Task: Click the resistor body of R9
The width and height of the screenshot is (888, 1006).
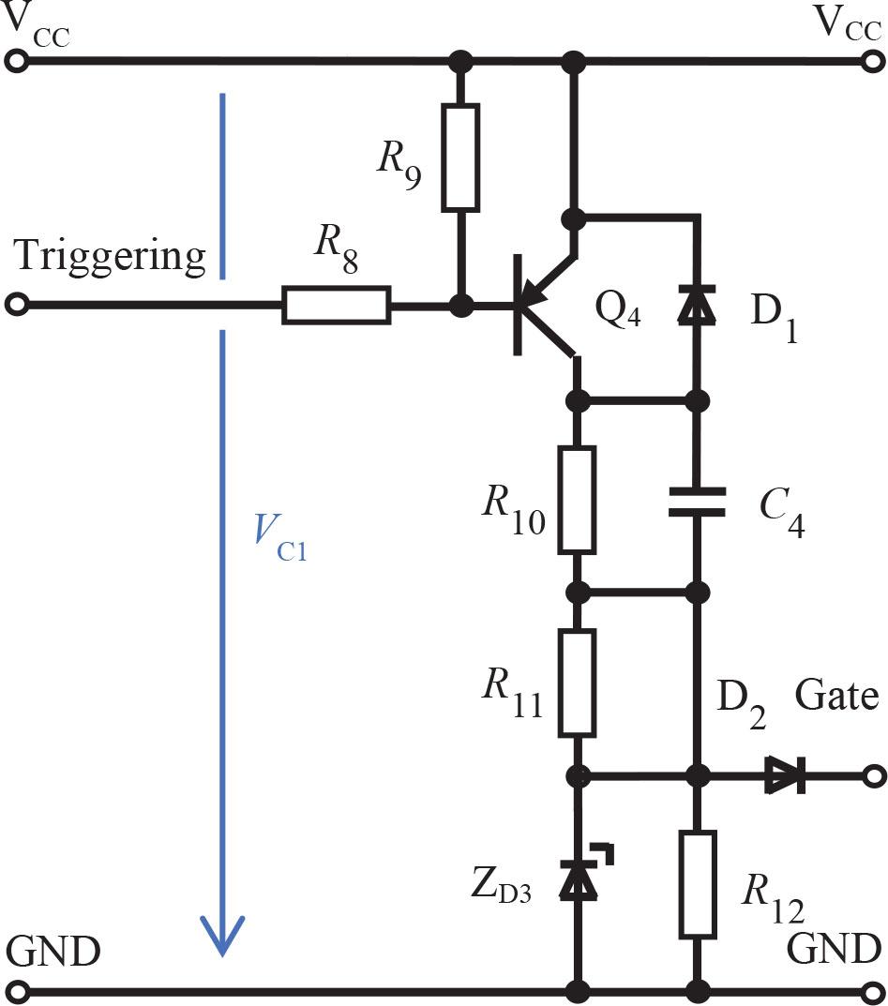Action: coord(460,156)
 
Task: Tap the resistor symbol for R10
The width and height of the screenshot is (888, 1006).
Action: coord(577,499)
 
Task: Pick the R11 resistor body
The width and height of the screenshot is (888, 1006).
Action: coord(577,683)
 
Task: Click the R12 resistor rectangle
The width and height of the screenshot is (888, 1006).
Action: coord(697,883)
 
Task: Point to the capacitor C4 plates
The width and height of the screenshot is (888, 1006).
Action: coord(697,501)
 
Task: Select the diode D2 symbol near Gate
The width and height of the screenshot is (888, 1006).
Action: coord(787,776)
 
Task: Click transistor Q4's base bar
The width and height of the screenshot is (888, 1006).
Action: coord(519,306)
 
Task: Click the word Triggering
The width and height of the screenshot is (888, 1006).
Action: coord(110,255)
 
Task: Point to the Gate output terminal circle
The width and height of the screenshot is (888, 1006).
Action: coord(873,776)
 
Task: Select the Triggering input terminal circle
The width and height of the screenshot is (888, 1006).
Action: coord(15,306)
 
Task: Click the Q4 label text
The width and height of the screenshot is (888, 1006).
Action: coord(619,308)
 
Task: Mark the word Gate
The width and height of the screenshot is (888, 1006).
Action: coord(836,697)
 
